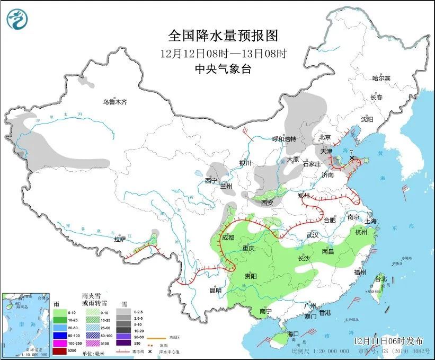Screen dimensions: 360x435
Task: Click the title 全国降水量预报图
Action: (x=223, y=36)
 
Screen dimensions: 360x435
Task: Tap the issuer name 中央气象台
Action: (x=223, y=68)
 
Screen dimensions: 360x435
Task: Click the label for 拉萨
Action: (x=121, y=239)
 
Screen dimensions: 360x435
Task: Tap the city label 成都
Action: (x=228, y=238)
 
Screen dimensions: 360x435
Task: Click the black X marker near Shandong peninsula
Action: (x=352, y=158)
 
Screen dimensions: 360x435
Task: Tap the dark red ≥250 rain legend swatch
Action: (x=60, y=350)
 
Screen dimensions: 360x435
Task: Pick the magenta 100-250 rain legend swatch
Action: (x=60, y=343)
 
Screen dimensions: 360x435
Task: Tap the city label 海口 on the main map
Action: (x=293, y=333)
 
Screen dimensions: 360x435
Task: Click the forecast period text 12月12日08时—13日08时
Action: (x=223, y=53)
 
